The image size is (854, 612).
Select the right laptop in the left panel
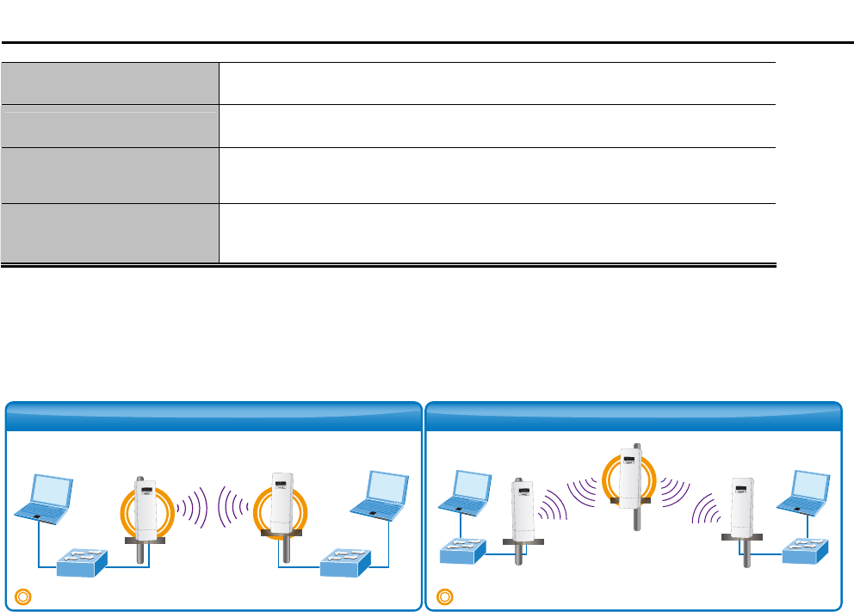click(x=379, y=497)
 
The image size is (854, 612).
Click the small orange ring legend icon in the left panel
click(x=23, y=595)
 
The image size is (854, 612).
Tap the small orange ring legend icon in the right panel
click(x=444, y=595)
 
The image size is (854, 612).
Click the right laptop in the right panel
click(x=801, y=493)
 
